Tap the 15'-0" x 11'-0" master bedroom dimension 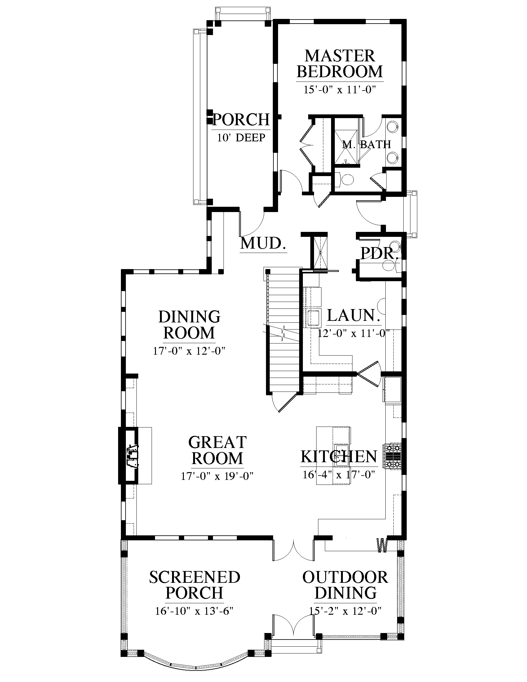pos(339,90)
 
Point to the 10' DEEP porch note pos(241,137)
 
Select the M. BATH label pos(366,144)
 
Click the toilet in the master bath pos(347,179)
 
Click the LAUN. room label pos(353,315)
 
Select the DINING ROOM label pos(189,325)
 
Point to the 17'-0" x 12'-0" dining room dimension pos(189,351)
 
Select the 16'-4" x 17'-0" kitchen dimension pos(339,475)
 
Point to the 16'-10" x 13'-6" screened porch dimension pos(194,611)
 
